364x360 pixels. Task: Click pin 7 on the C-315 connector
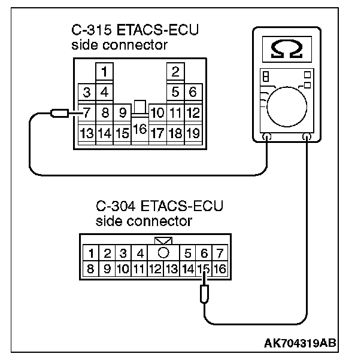coord(87,112)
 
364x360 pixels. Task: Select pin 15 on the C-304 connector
coord(205,269)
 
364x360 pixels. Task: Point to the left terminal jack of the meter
coord(267,137)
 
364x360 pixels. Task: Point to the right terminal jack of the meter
coord(307,137)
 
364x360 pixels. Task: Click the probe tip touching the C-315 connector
coord(60,112)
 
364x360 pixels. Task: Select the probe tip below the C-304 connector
coord(205,294)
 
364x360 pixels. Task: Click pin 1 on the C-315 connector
coord(104,73)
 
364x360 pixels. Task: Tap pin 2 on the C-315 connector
coord(175,73)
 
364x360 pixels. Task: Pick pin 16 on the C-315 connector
coord(139,129)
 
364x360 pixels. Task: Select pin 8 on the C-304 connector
coord(91,269)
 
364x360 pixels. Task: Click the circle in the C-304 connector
coord(163,253)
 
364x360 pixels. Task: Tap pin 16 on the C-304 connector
coord(219,269)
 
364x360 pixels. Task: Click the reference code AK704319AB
coord(299,344)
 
